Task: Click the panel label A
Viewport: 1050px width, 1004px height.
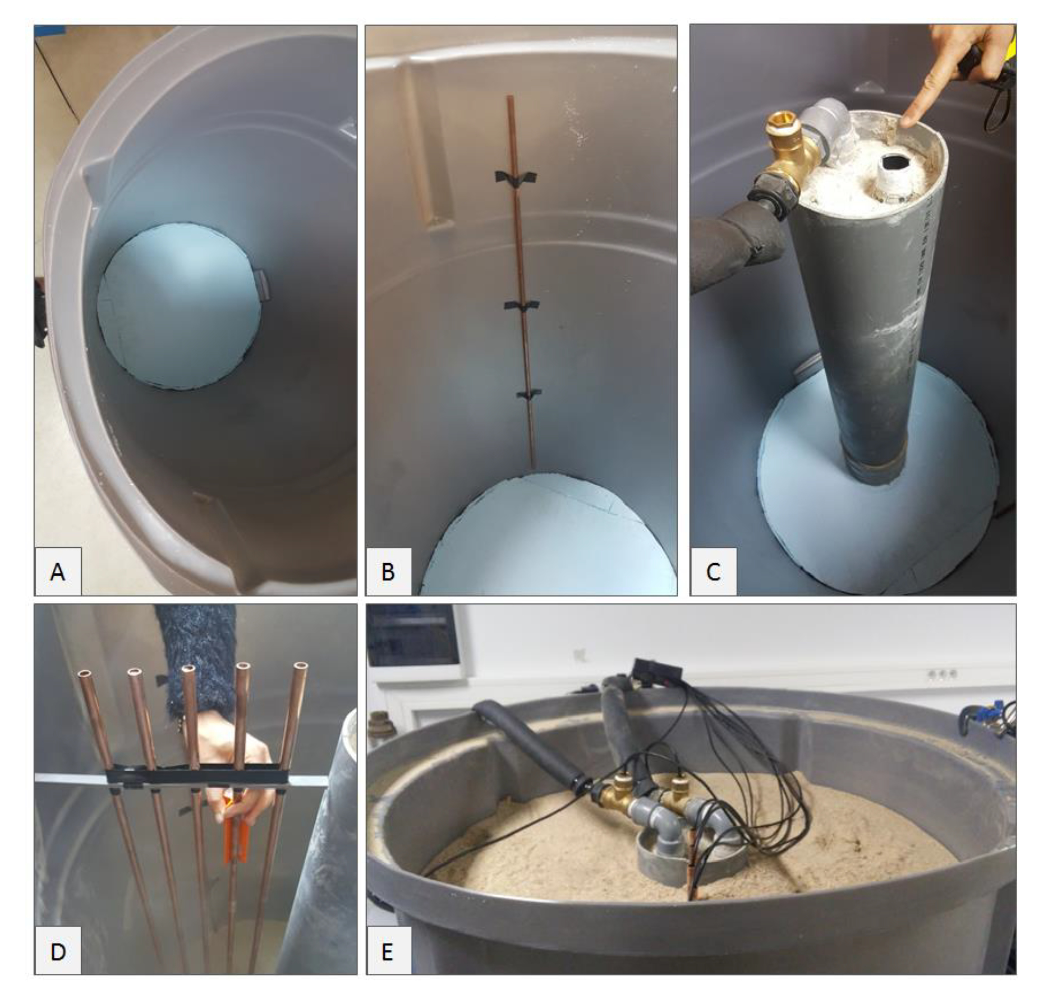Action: pos(58,571)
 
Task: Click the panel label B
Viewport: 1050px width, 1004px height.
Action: pos(389,571)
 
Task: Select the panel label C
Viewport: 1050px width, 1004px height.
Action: pos(714,571)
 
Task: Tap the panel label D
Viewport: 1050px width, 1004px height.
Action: pos(58,951)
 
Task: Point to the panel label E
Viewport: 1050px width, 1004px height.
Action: pos(389,951)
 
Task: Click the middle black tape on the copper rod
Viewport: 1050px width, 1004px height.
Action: pos(522,306)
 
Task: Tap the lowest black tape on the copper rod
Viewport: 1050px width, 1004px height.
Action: pos(529,394)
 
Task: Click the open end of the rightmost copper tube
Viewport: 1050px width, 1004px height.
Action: pos(301,666)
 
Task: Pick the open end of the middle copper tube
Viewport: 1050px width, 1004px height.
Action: pos(188,670)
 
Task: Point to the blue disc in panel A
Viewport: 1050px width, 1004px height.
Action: pos(179,306)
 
